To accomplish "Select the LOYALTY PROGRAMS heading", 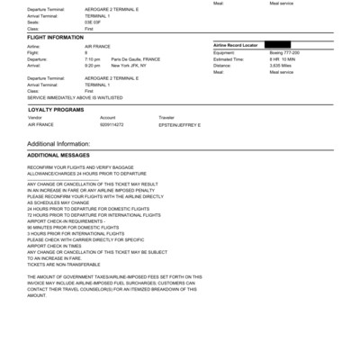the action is tap(56, 109).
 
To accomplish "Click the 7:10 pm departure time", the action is tap(93, 58).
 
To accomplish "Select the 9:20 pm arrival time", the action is tap(93, 65).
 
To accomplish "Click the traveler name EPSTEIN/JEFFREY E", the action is tap(180, 124).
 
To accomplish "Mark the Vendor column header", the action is tap(35, 117).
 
